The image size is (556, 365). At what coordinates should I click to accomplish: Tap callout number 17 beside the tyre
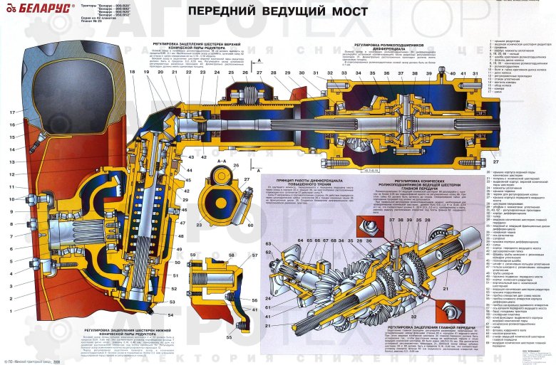click(x=12, y=113)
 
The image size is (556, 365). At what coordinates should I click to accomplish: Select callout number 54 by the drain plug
click(x=170, y=314)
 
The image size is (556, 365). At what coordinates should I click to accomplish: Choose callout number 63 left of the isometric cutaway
click(x=269, y=244)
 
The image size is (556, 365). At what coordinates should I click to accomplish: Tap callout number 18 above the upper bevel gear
click(x=132, y=74)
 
